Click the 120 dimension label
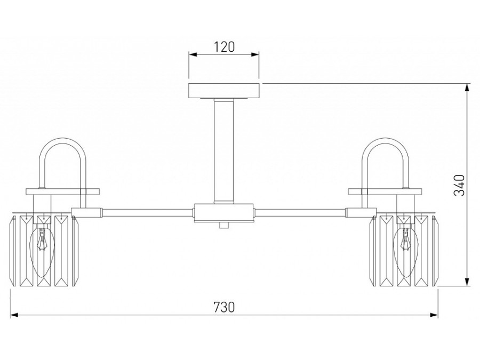click(224, 47)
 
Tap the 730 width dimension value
click(224, 307)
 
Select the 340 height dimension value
click(459, 185)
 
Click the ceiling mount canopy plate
click(224, 91)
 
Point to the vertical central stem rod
click(224, 151)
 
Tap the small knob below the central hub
click(224, 225)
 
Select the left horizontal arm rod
click(146, 211)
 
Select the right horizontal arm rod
click(301, 211)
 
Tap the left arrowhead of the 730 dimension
click(14, 315)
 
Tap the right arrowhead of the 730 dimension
click(434, 315)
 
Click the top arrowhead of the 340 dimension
click(467, 87)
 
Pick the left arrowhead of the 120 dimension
click(193, 55)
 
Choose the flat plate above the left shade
click(63, 191)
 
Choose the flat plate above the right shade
click(385, 191)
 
